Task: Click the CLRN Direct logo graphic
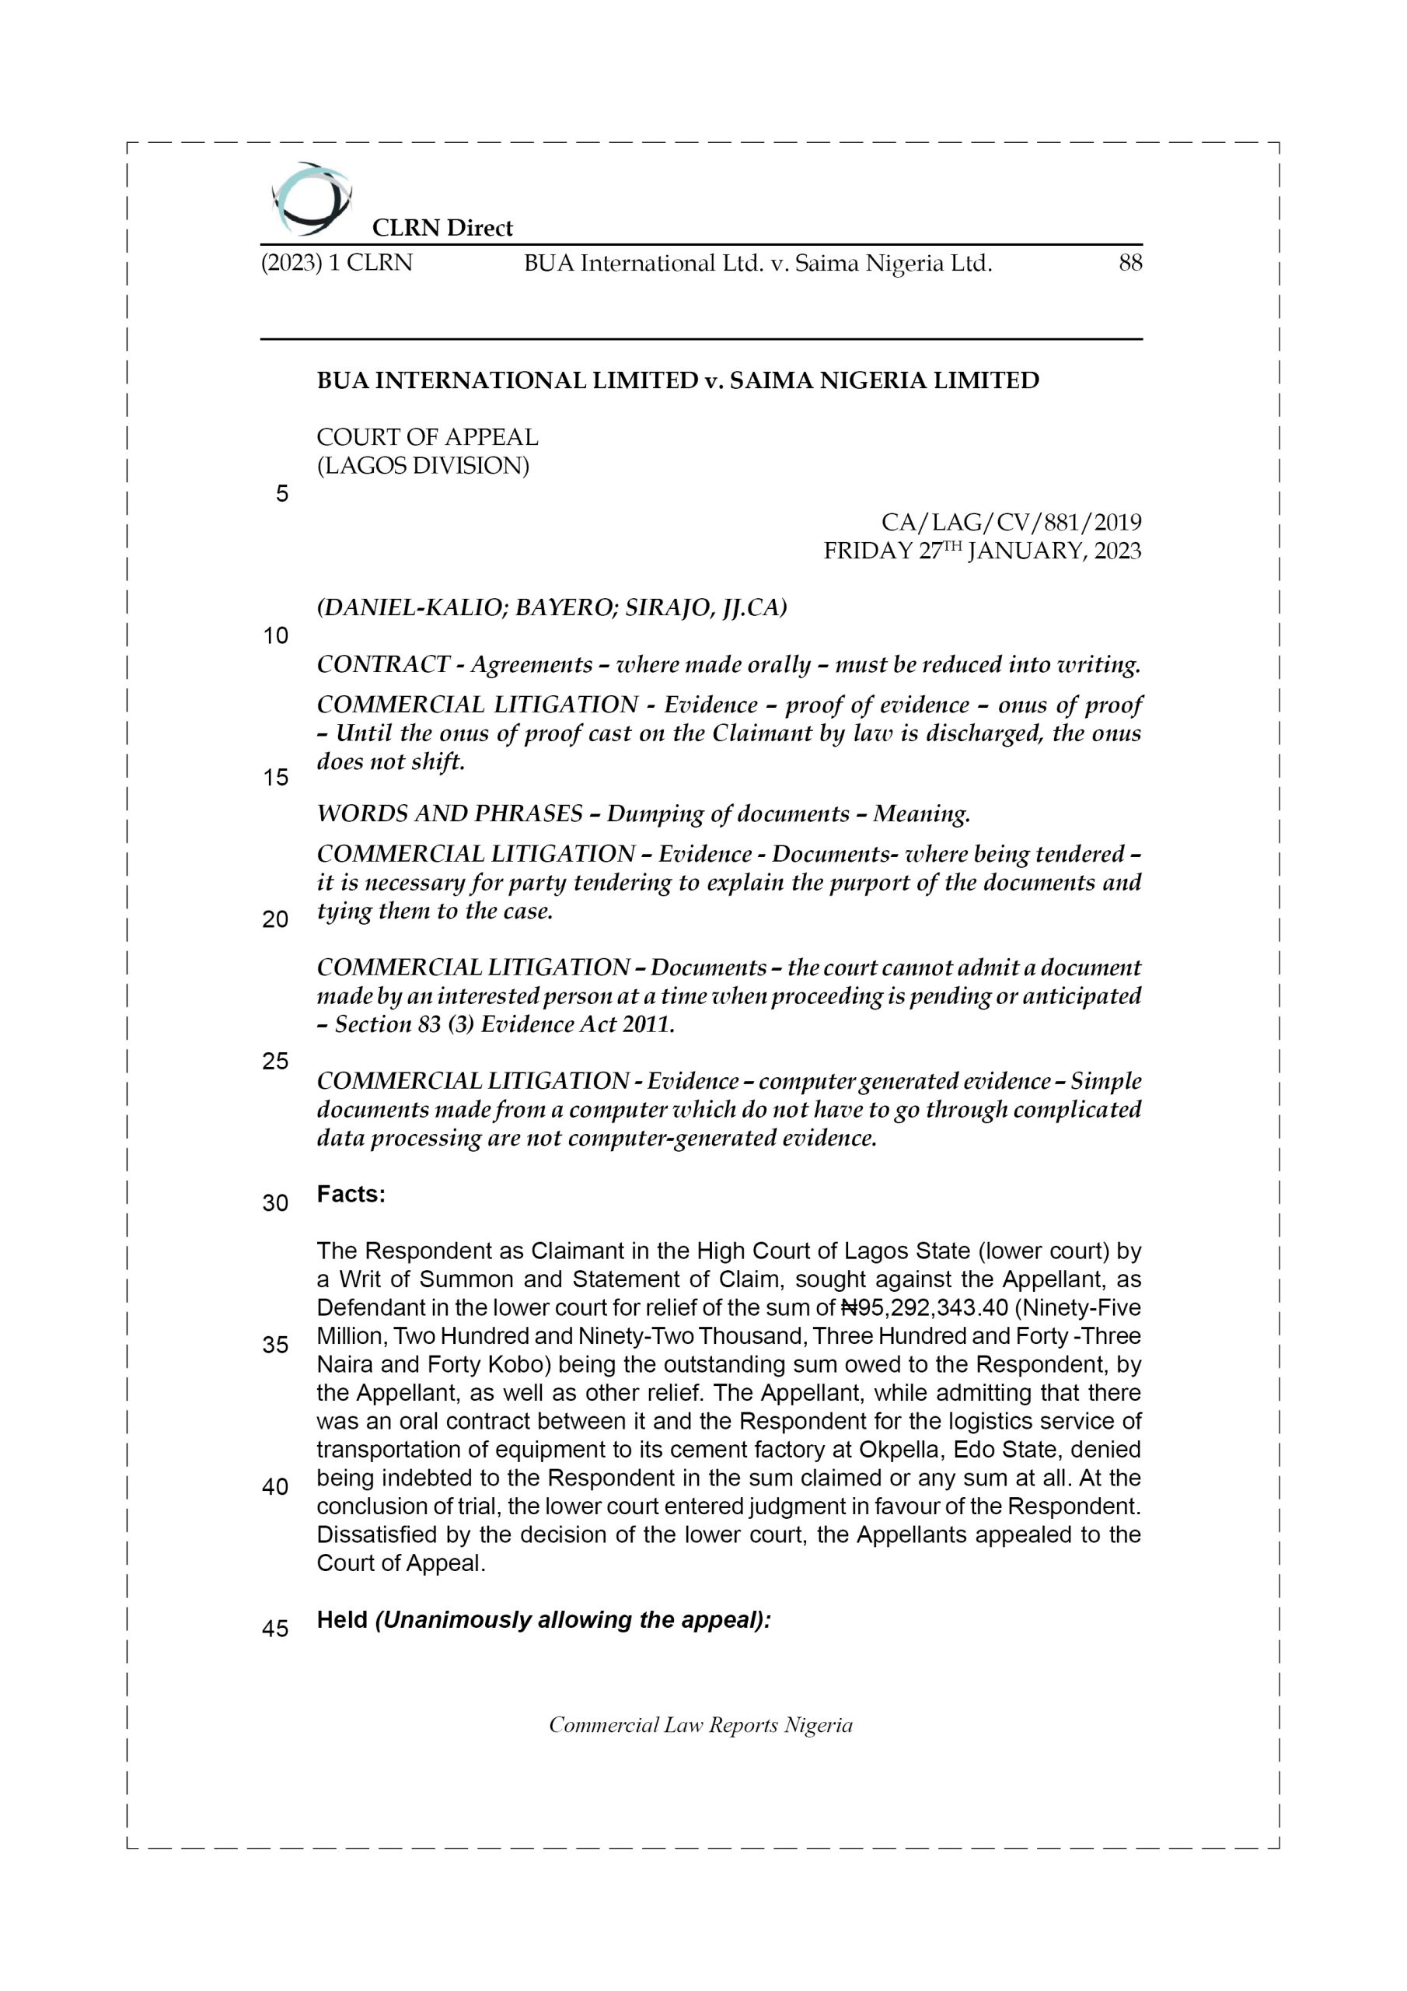click(310, 198)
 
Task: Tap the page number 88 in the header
click(1129, 263)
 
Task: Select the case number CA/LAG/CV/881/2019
click(1011, 522)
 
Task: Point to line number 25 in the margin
click(276, 1061)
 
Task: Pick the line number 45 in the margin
click(276, 1629)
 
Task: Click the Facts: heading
click(351, 1194)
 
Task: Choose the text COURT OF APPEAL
click(428, 437)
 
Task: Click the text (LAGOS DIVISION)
click(423, 466)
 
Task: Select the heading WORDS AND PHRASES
click(449, 814)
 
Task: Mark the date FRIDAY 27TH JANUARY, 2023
click(983, 551)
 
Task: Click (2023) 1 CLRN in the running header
click(337, 263)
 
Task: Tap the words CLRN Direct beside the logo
click(442, 228)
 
